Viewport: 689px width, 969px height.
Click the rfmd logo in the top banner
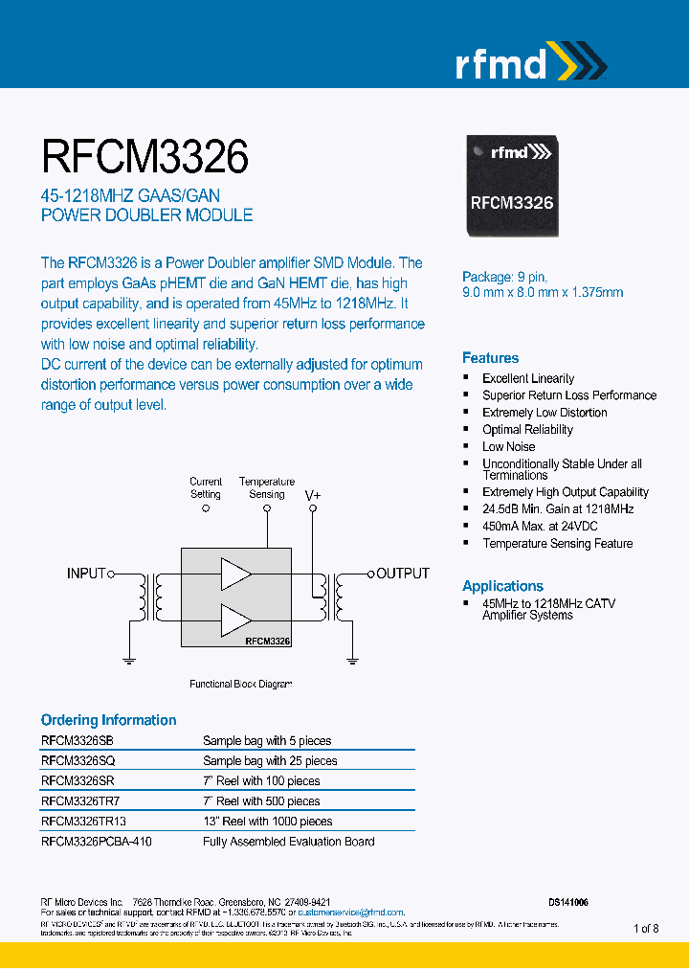coord(528,63)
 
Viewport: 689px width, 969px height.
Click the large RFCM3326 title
coord(144,157)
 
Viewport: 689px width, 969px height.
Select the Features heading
coord(490,358)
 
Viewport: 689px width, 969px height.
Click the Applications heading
coord(502,586)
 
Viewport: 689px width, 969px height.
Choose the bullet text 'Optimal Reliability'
coord(527,430)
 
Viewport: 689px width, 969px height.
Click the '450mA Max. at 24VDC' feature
coord(540,527)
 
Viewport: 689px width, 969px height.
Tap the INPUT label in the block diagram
coord(85,574)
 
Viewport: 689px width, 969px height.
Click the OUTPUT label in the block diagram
coord(403,574)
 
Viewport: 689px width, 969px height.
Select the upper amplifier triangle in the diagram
coord(235,574)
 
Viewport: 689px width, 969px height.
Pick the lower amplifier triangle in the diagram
coord(235,620)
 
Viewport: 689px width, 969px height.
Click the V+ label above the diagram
coord(313,495)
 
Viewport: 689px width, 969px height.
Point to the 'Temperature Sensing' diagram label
coord(267,488)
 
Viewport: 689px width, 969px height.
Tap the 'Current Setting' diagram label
coord(206,488)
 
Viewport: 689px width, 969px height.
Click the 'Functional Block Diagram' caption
coord(240,685)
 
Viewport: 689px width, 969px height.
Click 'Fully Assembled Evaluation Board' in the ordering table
coord(288,842)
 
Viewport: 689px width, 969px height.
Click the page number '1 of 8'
coord(646,929)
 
